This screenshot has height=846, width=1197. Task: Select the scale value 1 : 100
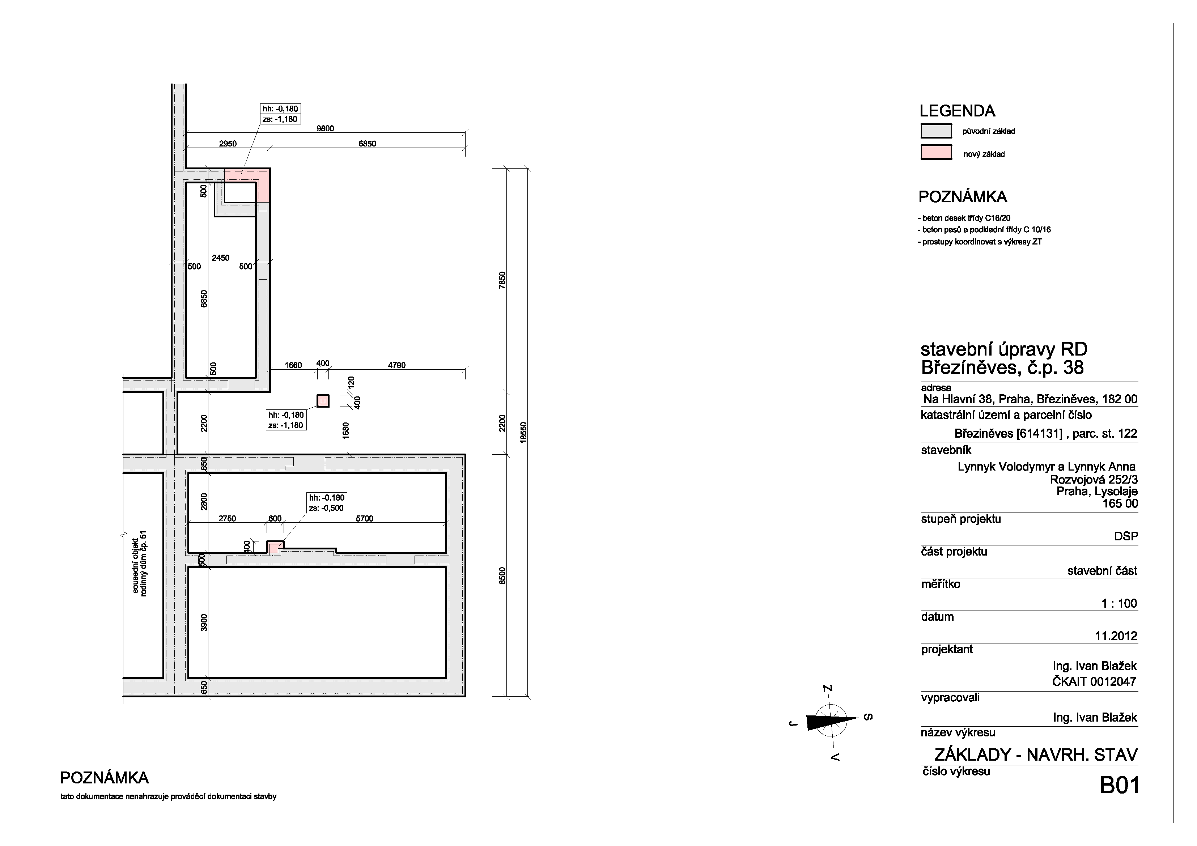[x=1119, y=604]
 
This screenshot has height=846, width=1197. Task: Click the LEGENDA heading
[x=957, y=111]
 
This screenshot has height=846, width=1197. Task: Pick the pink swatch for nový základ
[x=936, y=153]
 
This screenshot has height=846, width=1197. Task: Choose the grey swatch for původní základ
[x=936, y=131]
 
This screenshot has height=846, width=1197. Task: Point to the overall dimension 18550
[x=524, y=433]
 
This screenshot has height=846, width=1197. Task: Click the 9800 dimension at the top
[x=325, y=129]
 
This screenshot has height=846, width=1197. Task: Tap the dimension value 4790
[x=397, y=365]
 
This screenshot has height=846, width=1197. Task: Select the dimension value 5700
[x=364, y=519]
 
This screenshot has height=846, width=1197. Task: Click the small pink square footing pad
[x=323, y=401]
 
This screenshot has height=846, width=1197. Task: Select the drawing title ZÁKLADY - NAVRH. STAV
[x=1036, y=755]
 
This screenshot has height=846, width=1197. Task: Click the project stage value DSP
[x=1126, y=536]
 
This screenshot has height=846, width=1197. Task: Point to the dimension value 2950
[x=228, y=144]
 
